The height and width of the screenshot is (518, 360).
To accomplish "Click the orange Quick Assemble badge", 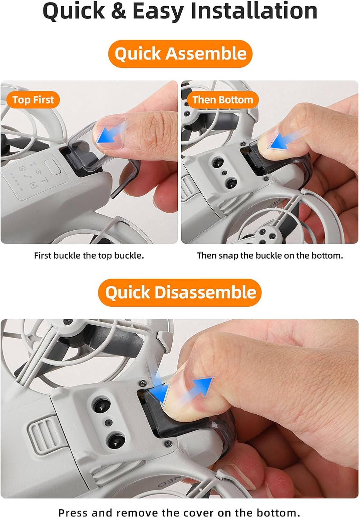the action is [180, 54].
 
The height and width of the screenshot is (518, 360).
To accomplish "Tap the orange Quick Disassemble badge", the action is [179, 292].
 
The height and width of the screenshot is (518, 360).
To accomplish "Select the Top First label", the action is [33, 100].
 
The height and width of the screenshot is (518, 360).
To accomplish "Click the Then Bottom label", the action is [223, 100].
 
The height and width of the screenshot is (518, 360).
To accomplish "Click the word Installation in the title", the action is [254, 11].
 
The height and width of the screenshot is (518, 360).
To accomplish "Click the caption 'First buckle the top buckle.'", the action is [89, 256].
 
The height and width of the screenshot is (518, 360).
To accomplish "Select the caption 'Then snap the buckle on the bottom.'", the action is [270, 256].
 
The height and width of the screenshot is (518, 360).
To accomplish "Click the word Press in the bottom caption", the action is [73, 513].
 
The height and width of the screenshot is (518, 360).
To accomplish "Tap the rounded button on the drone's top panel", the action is [52, 167].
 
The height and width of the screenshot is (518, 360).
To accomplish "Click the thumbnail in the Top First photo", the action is [108, 132].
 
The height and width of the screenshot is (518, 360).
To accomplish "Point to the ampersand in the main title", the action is [118, 11].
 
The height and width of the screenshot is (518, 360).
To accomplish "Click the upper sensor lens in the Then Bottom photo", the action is [218, 163].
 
